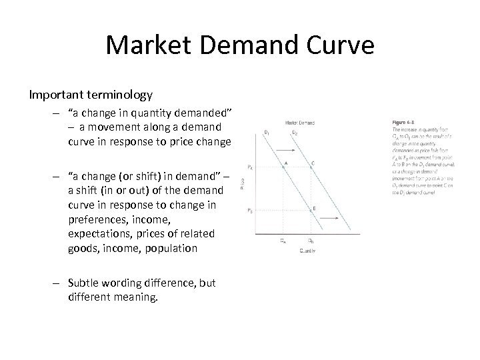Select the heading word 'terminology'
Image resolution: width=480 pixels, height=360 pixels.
pos(121,95)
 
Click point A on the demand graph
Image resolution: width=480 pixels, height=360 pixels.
pos(283,166)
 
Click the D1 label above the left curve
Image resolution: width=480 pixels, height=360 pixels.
pos(267,132)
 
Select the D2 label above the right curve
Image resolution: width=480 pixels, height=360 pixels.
pos(295,132)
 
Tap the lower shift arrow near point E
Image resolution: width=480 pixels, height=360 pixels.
pos(329,219)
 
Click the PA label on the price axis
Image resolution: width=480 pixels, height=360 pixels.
pos(250,167)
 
